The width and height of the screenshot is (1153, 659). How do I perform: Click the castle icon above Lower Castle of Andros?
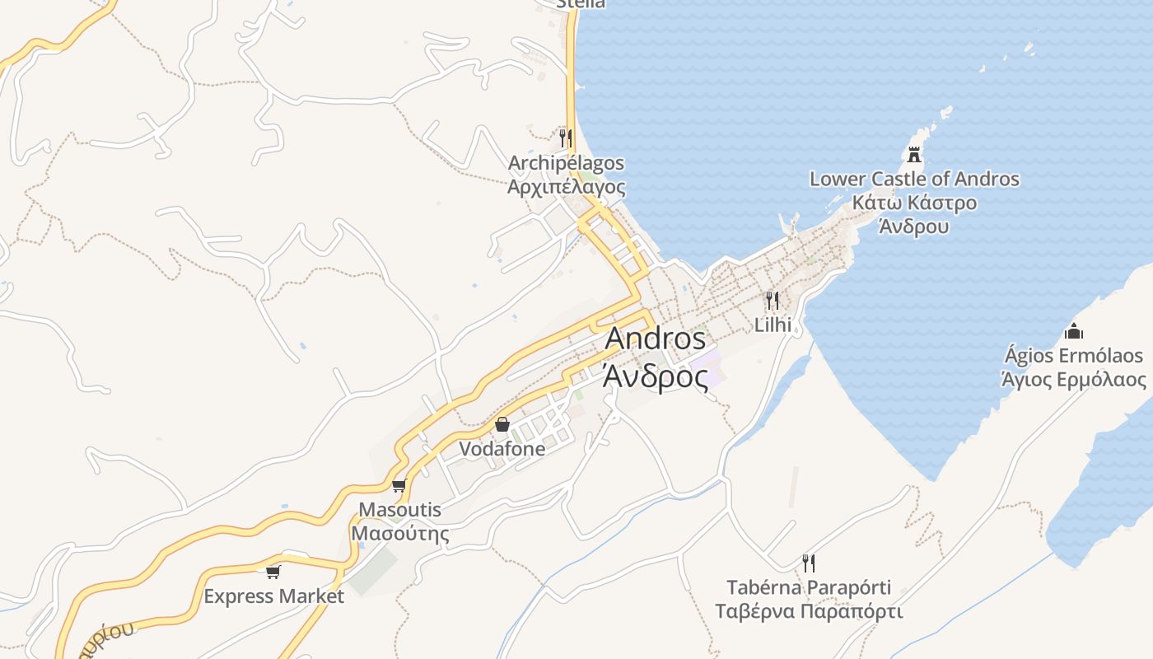[914, 154]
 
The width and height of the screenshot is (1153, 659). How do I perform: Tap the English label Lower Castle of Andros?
[914, 179]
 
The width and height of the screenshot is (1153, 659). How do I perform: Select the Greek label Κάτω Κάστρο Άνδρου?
[914, 214]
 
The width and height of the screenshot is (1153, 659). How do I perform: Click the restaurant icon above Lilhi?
[773, 301]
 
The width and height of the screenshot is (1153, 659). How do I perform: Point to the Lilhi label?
[773, 325]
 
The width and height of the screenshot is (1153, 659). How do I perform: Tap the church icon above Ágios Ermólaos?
[1073, 331]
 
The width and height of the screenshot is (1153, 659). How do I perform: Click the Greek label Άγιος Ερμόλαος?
[1073, 379]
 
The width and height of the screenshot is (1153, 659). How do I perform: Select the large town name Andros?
[656, 339]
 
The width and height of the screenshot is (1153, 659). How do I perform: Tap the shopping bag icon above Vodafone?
[502, 424]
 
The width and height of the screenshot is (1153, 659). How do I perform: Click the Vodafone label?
[502, 449]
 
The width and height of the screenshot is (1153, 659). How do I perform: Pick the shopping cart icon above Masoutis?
[399, 485]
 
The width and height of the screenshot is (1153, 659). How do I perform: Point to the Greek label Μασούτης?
[400, 533]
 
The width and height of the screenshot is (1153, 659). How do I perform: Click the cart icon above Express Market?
[273, 572]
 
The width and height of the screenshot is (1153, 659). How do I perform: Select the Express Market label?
[273, 596]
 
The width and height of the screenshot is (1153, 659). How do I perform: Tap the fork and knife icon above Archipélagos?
[566, 137]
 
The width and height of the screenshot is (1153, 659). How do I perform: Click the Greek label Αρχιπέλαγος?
[566, 186]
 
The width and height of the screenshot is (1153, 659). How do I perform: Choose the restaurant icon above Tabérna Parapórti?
[809, 563]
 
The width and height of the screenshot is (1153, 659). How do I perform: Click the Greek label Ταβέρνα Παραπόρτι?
[809, 611]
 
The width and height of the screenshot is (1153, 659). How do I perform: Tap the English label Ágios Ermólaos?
[1073, 356]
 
